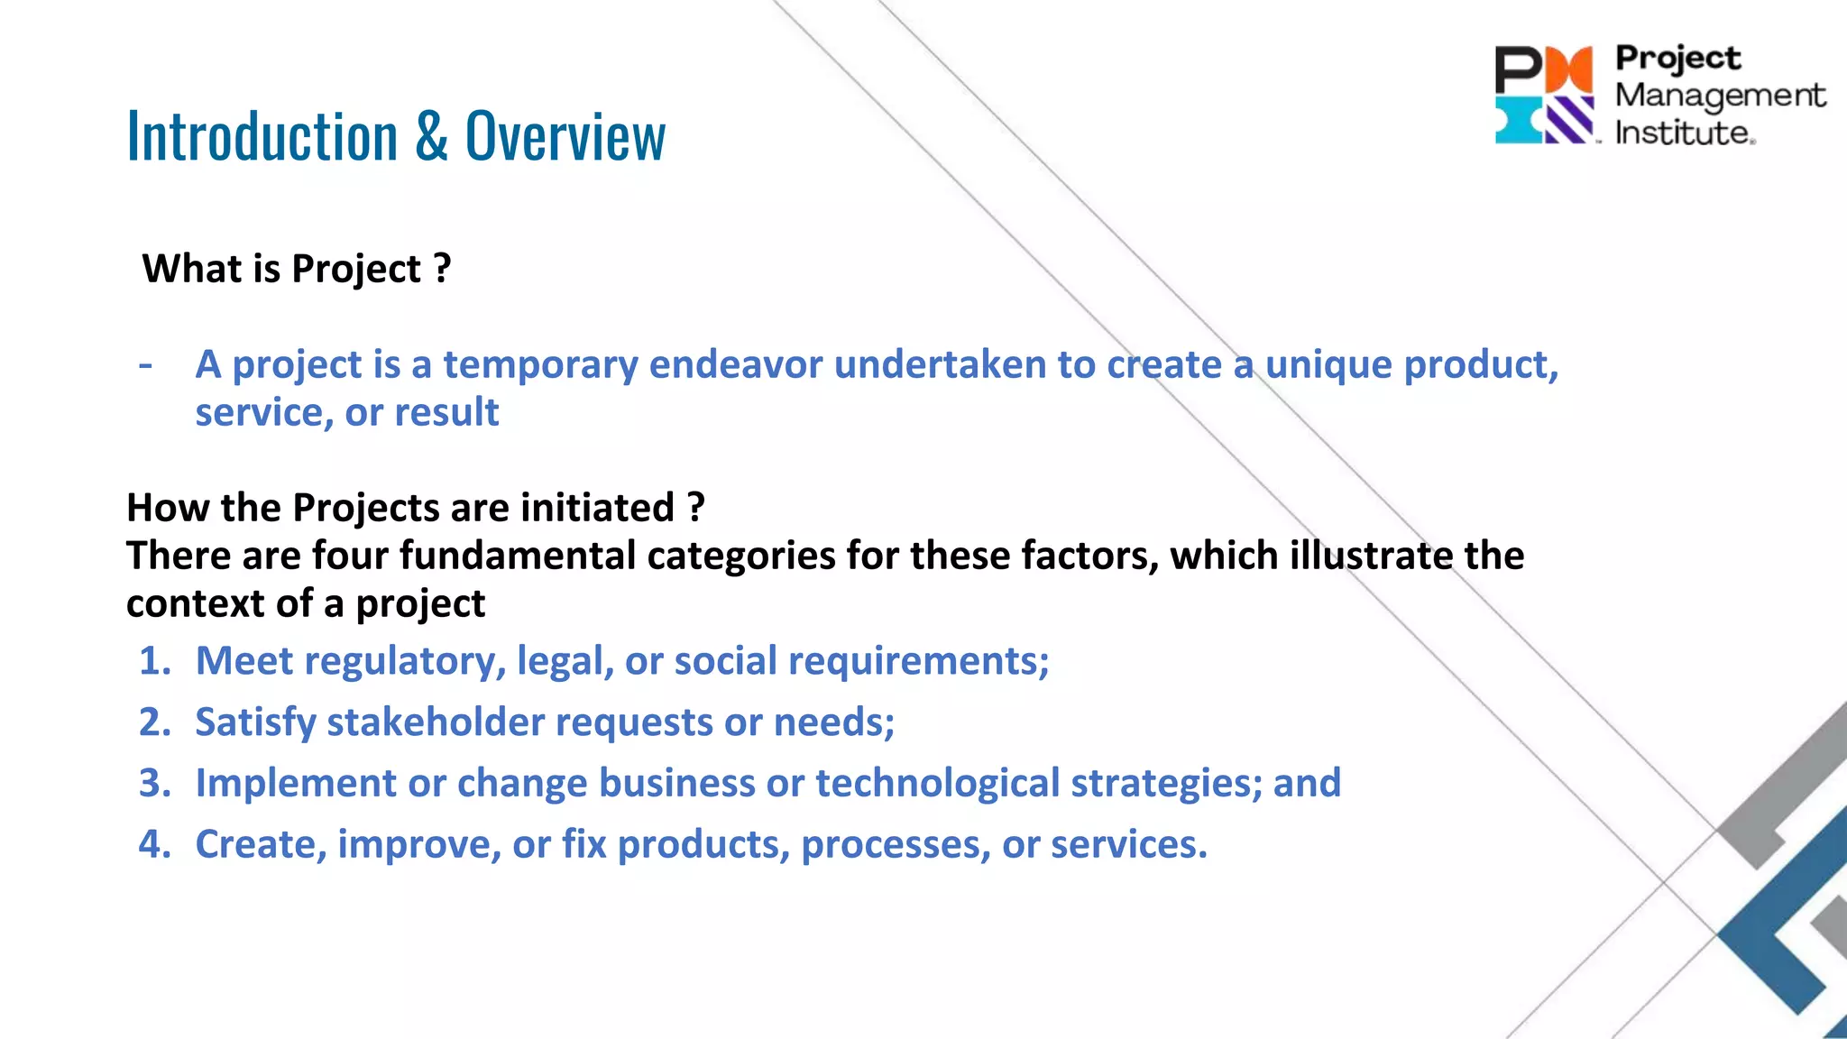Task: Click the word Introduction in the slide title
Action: click(262, 137)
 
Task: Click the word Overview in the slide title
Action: click(565, 137)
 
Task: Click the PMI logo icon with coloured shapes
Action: click(1544, 95)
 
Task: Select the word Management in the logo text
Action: click(1719, 95)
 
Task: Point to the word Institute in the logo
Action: click(1683, 133)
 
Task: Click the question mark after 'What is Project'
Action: click(442, 268)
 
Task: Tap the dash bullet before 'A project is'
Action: click(145, 364)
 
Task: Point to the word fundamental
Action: click(518, 556)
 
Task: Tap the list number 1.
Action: click(153, 661)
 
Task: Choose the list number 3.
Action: click(153, 783)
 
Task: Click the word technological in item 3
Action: click(937, 783)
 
